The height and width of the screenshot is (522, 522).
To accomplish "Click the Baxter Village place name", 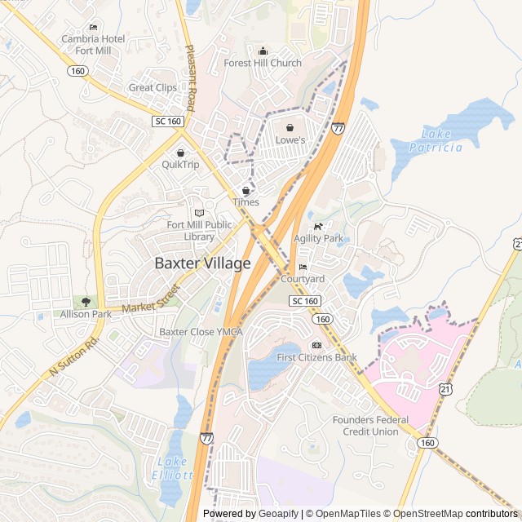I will pyautogui.click(x=203, y=263).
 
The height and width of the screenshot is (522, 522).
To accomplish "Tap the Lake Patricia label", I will pyautogui.click(x=441, y=140).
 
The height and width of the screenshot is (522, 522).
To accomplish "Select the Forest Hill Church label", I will pyautogui.click(x=263, y=63).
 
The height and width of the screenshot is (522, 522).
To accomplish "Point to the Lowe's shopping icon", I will pyautogui.click(x=290, y=127).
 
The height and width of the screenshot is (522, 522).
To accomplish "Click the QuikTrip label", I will pyautogui.click(x=180, y=164).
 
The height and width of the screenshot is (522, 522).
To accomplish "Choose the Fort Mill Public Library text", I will pyautogui.click(x=200, y=231).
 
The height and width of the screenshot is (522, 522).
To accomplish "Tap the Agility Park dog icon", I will pyautogui.click(x=318, y=227).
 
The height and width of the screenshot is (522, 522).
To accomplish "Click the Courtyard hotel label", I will pyautogui.click(x=303, y=279).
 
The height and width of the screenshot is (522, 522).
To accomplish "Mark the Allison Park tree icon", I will pyautogui.click(x=86, y=302).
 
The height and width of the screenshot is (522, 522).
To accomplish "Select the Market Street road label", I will pyautogui.click(x=150, y=301).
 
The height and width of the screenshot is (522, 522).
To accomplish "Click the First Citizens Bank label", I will pyautogui.click(x=316, y=357).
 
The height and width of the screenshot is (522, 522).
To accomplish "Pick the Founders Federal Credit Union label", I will pyautogui.click(x=370, y=425).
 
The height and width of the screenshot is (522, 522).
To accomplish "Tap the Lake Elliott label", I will pyautogui.click(x=173, y=468).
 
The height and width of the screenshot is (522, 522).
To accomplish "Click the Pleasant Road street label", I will pyautogui.click(x=191, y=77).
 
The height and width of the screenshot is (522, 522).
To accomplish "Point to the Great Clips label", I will pyautogui.click(x=153, y=87).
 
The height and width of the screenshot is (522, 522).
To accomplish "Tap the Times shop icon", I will pyautogui.click(x=246, y=190).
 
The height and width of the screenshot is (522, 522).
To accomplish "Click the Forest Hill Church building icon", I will pyautogui.click(x=263, y=51).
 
